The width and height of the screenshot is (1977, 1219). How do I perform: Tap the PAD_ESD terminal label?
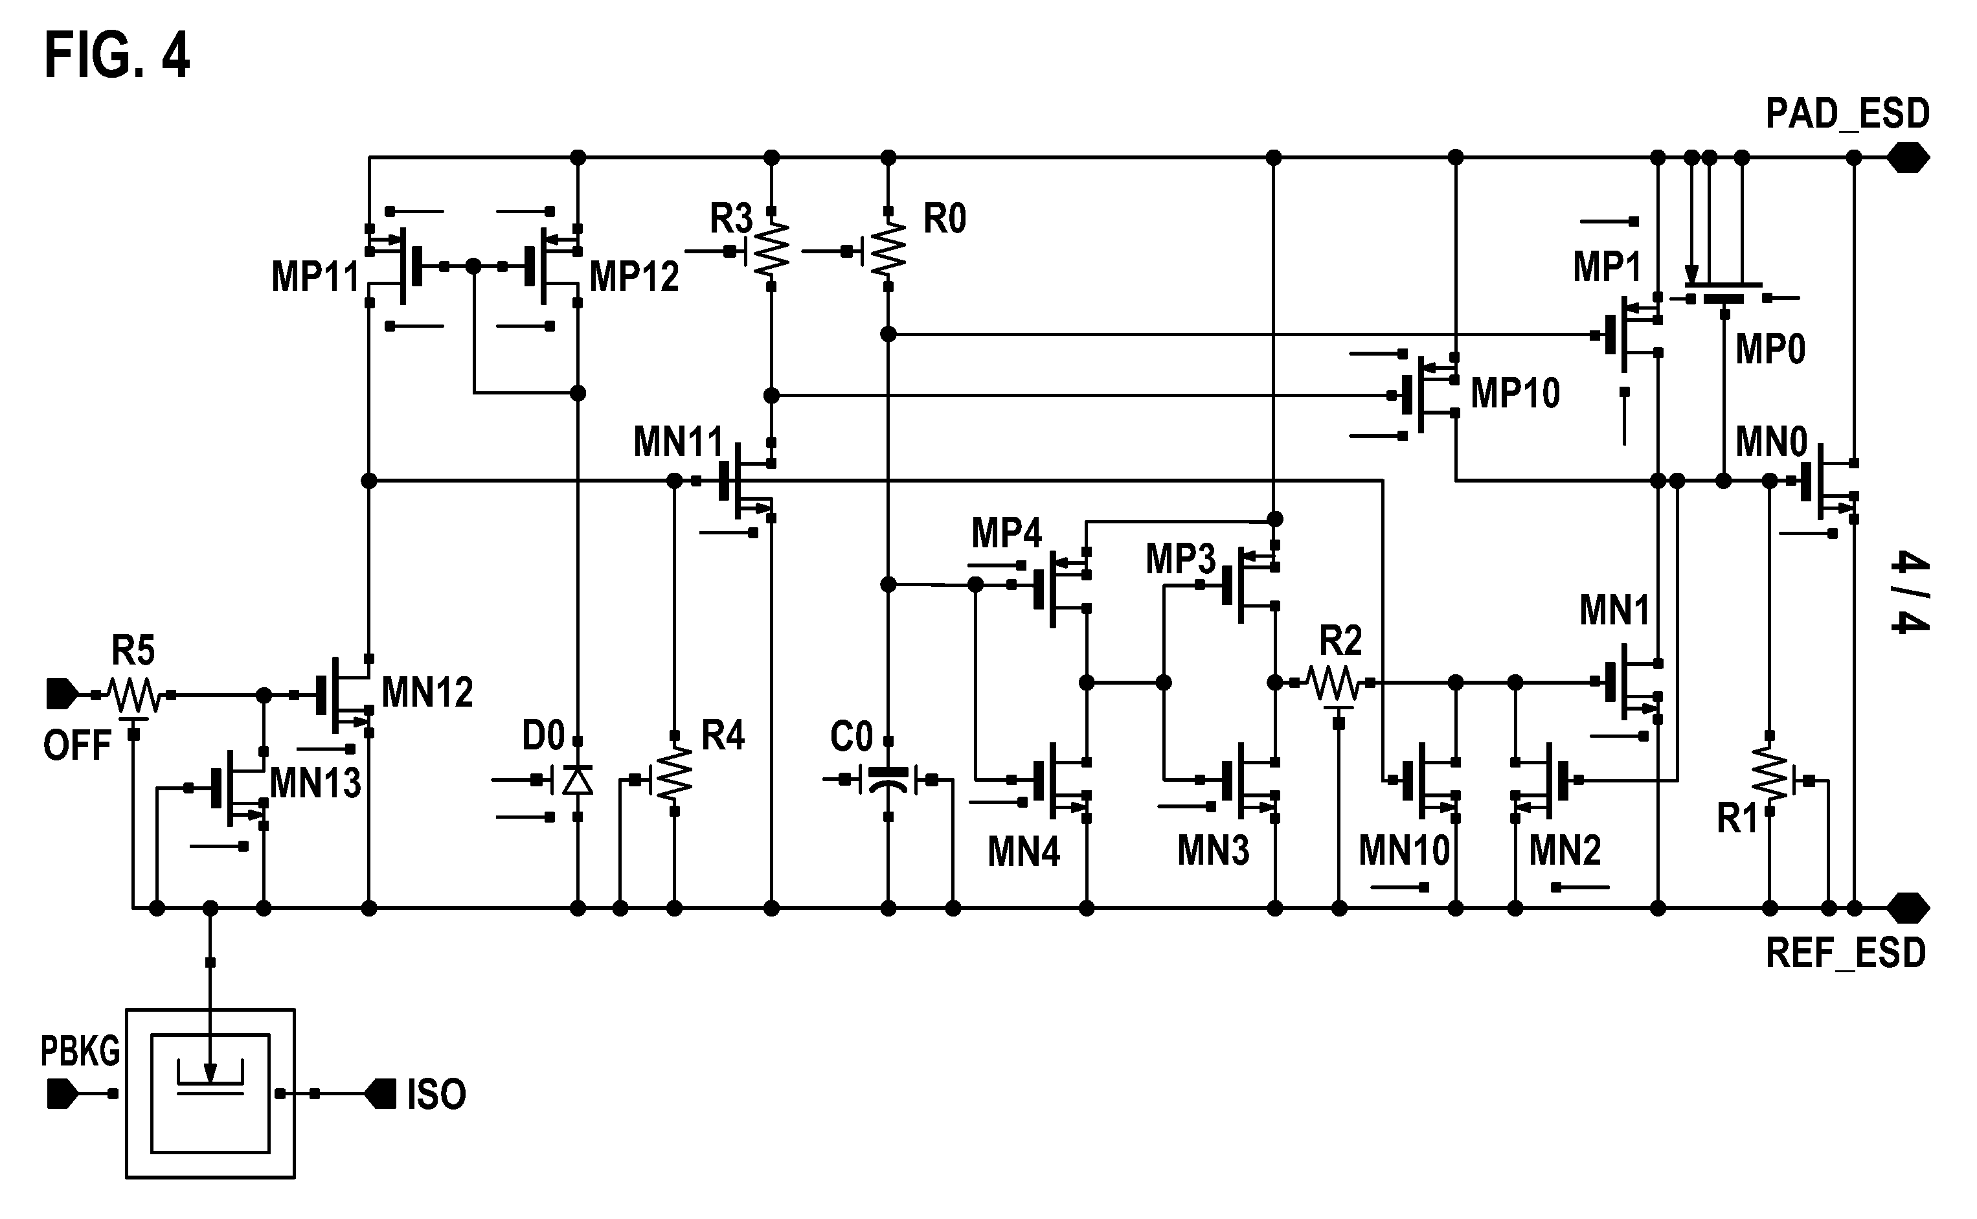1847,114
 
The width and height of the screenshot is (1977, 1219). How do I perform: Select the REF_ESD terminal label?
1846,953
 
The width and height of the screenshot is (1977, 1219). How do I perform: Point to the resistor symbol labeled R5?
134,695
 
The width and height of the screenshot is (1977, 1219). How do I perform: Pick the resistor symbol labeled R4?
675,774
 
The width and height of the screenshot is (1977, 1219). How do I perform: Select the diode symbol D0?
577,780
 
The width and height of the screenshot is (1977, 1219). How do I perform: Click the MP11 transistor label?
315,277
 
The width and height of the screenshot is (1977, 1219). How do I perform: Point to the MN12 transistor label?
427,692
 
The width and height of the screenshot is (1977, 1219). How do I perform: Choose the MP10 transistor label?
1515,393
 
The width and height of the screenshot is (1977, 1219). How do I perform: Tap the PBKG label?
80,1052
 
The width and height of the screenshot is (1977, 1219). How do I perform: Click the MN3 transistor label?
1213,850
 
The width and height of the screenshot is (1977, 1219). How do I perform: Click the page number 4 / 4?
1911,593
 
